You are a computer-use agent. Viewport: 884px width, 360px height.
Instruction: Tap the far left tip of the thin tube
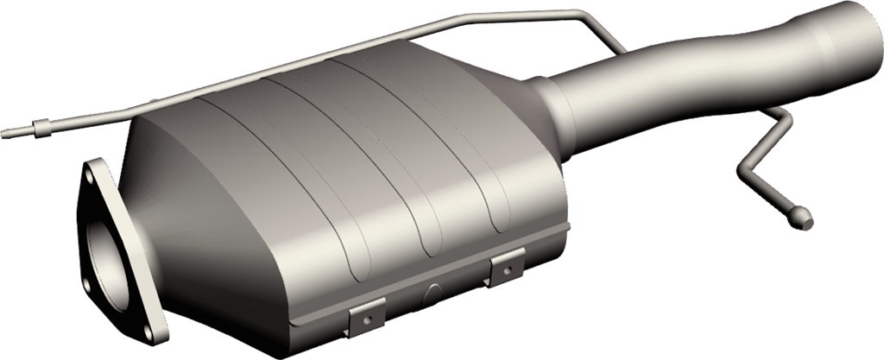(x=5, y=133)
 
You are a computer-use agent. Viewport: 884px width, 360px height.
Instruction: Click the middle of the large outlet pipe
(x=691, y=86)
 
